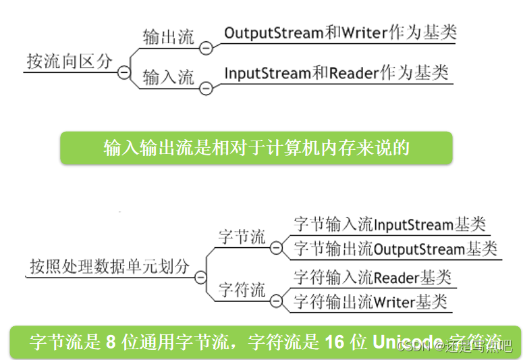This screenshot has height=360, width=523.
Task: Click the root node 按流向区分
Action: click(70, 61)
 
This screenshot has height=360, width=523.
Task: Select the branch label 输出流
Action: click(167, 38)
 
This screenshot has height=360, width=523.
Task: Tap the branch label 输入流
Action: click(167, 78)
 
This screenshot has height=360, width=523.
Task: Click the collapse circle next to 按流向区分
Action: click(123, 72)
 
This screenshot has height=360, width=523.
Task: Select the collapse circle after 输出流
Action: click(206, 48)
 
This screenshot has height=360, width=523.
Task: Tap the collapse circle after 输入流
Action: click(206, 88)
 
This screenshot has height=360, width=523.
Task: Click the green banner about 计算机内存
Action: click(256, 148)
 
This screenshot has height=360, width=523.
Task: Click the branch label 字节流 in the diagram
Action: click(242, 238)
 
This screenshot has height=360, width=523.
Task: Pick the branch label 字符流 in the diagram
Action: click(242, 290)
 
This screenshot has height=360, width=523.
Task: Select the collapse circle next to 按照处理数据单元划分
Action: click(200, 277)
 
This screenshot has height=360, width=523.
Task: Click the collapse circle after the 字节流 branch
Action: click(276, 248)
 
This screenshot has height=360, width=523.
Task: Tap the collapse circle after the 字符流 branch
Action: click(276, 301)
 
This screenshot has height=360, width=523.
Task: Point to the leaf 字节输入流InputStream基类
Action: click(389, 225)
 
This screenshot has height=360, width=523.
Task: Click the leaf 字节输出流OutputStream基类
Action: click(395, 249)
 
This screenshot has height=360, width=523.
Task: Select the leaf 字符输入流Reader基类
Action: click(372, 278)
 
